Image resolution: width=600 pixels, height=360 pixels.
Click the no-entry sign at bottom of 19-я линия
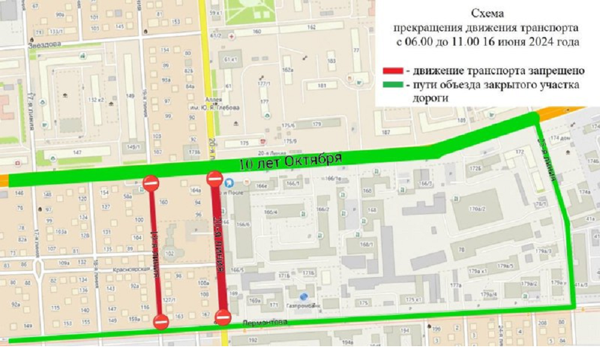(x=161, y=322)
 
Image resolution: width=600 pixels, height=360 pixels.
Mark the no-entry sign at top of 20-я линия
(x=214, y=178)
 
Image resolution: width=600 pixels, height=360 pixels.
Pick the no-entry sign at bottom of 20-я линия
(x=223, y=317)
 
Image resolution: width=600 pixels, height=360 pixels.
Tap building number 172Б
(x=476, y=169)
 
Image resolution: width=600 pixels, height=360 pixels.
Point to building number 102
(x=169, y=253)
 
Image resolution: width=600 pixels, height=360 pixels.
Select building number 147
(x=77, y=153)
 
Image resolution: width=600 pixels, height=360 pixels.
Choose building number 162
(x=311, y=27)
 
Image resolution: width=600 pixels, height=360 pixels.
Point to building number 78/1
(x=542, y=204)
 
